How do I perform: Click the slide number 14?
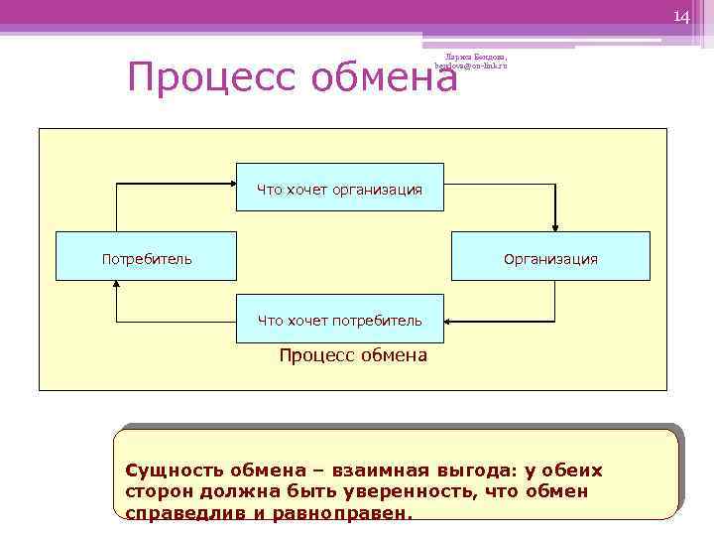click(x=680, y=17)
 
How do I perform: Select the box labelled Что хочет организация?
click(x=339, y=189)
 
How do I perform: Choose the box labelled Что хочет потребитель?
click(x=339, y=320)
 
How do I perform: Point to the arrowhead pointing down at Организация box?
click(x=555, y=224)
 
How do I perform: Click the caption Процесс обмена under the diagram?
click(x=353, y=355)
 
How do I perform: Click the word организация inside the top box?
click(x=377, y=189)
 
